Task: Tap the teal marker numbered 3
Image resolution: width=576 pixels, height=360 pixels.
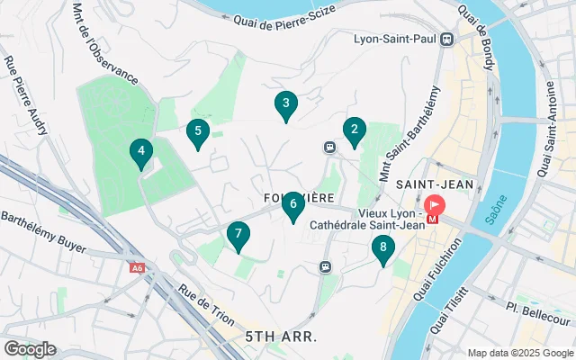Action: pyautogui.click(x=285, y=105)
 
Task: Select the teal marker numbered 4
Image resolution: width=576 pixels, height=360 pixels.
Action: pyautogui.click(x=140, y=153)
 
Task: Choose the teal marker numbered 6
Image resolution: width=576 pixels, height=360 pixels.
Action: pyautogui.click(x=292, y=206)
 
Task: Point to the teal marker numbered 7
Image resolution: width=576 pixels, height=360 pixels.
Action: pyautogui.click(x=238, y=236)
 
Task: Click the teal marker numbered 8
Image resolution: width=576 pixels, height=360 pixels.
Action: pyautogui.click(x=383, y=248)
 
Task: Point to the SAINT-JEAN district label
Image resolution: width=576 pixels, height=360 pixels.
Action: pyautogui.click(x=427, y=183)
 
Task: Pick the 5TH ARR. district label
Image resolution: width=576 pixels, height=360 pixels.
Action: pyautogui.click(x=280, y=337)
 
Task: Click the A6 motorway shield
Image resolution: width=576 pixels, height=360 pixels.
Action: pyautogui.click(x=137, y=267)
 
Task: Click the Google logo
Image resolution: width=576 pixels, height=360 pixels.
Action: pyautogui.click(x=30, y=349)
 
